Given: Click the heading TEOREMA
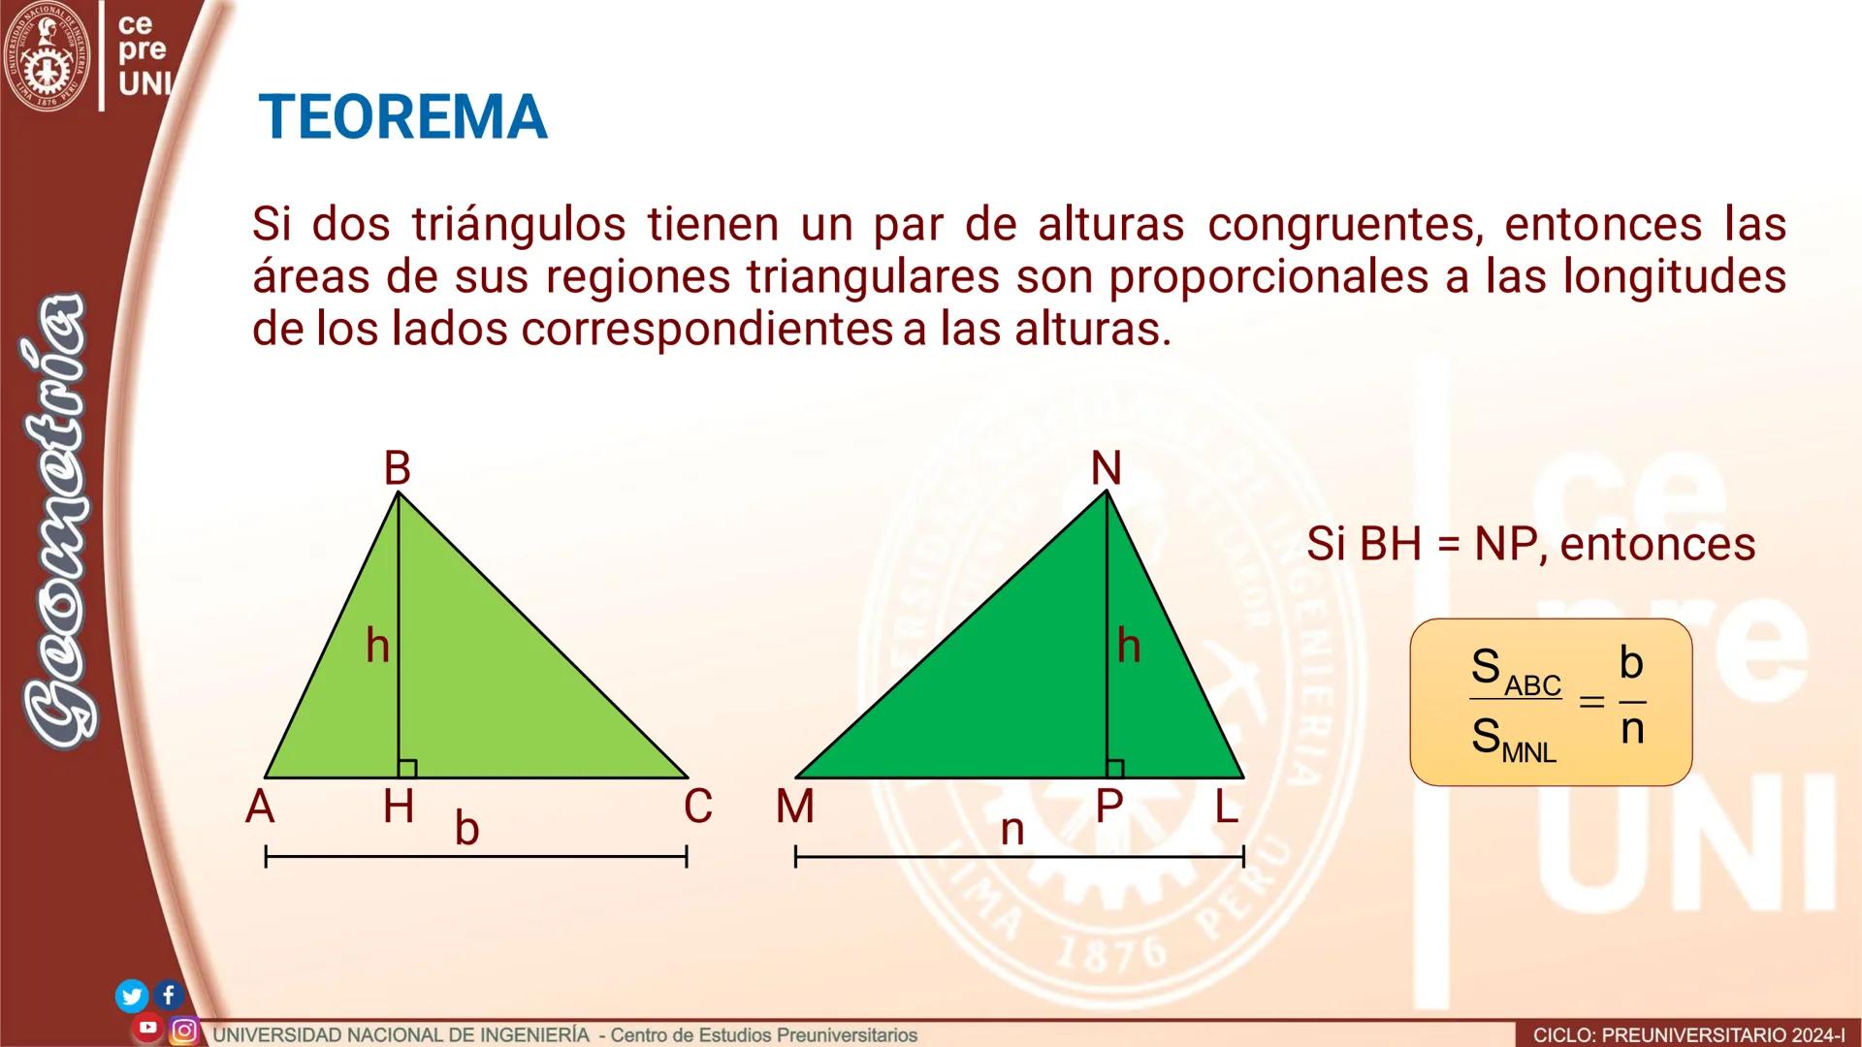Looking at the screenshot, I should point(402,117).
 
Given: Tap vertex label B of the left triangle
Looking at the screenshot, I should point(397,468).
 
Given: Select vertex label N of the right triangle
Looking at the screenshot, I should point(1106,469).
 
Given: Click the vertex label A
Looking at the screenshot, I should point(260,807).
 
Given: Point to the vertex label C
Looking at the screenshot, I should point(697,807).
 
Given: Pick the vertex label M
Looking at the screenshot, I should point(795,807).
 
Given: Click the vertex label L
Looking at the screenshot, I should point(1227,807).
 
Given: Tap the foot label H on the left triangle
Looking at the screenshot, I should point(398,807).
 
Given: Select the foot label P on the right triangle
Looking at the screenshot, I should point(1108,807).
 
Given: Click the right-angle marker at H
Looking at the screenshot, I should point(407,769).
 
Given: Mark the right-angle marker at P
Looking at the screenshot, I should point(1115,769).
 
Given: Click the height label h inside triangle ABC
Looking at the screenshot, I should point(377,646).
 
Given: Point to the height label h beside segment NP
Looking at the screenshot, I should point(1128,646).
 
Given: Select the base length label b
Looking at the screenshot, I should point(466,829).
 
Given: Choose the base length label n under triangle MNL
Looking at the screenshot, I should point(1011,831).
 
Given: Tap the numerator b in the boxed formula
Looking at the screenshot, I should point(1631,663).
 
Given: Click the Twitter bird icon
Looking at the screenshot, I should point(132,996).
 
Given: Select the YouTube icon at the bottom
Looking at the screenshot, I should point(148,1028).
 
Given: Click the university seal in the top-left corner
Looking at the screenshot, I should point(46,56).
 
